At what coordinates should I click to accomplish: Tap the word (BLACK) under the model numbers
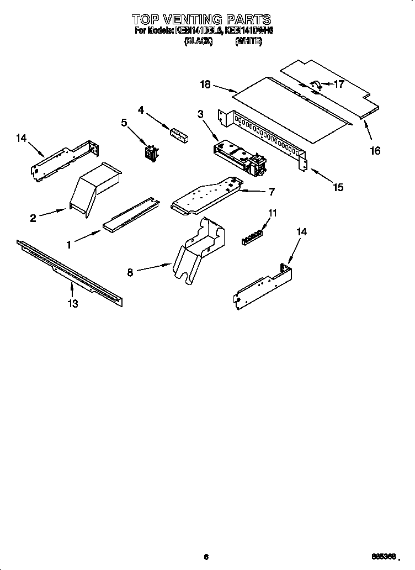pyautogui.click(x=198, y=41)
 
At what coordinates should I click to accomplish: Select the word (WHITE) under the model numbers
pyautogui.click(x=248, y=41)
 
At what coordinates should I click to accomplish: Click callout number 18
pyautogui.click(x=205, y=84)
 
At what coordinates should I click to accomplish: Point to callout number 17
pyautogui.click(x=339, y=85)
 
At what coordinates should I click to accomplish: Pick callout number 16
pyautogui.click(x=375, y=151)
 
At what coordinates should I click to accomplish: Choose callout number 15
pyautogui.click(x=338, y=187)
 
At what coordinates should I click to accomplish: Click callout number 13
pyautogui.click(x=72, y=303)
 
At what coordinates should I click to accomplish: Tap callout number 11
pyautogui.click(x=273, y=213)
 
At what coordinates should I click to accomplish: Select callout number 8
pyautogui.click(x=130, y=272)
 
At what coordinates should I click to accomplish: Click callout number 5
pyautogui.click(x=124, y=123)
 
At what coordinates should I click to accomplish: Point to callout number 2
pyautogui.click(x=33, y=218)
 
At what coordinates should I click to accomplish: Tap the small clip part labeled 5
pyautogui.click(x=150, y=152)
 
